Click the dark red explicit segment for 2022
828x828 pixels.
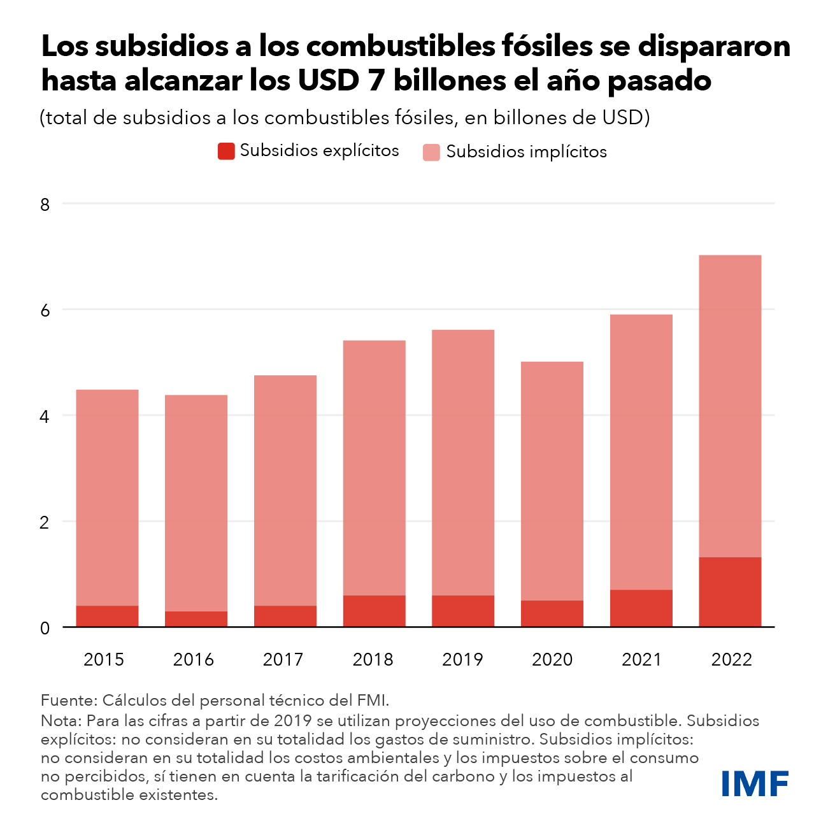(x=730, y=592)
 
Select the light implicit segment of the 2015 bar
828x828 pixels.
(x=107, y=497)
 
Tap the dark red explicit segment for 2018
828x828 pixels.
(x=374, y=611)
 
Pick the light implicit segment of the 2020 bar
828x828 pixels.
(x=552, y=481)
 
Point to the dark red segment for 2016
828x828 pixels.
(x=196, y=619)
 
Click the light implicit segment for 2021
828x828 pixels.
(x=641, y=452)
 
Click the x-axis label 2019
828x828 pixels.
(x=462, y=659)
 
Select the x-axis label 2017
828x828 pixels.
(x=283, y=659)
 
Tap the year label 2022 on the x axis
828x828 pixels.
(x=732, y=659)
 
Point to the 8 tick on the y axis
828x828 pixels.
(x=45, y=204)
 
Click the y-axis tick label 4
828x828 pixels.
(x=45, y=417)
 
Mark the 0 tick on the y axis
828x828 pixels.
(x=45, y=628)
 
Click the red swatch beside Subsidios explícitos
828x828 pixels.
(x=226, y=151)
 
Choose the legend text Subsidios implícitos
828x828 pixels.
(x=526, y=152)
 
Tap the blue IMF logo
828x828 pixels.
(x=755, y=783)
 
